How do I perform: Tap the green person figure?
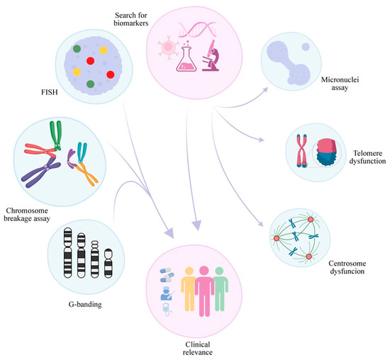point(223,290)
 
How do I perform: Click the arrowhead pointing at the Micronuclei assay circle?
point(267,89)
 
